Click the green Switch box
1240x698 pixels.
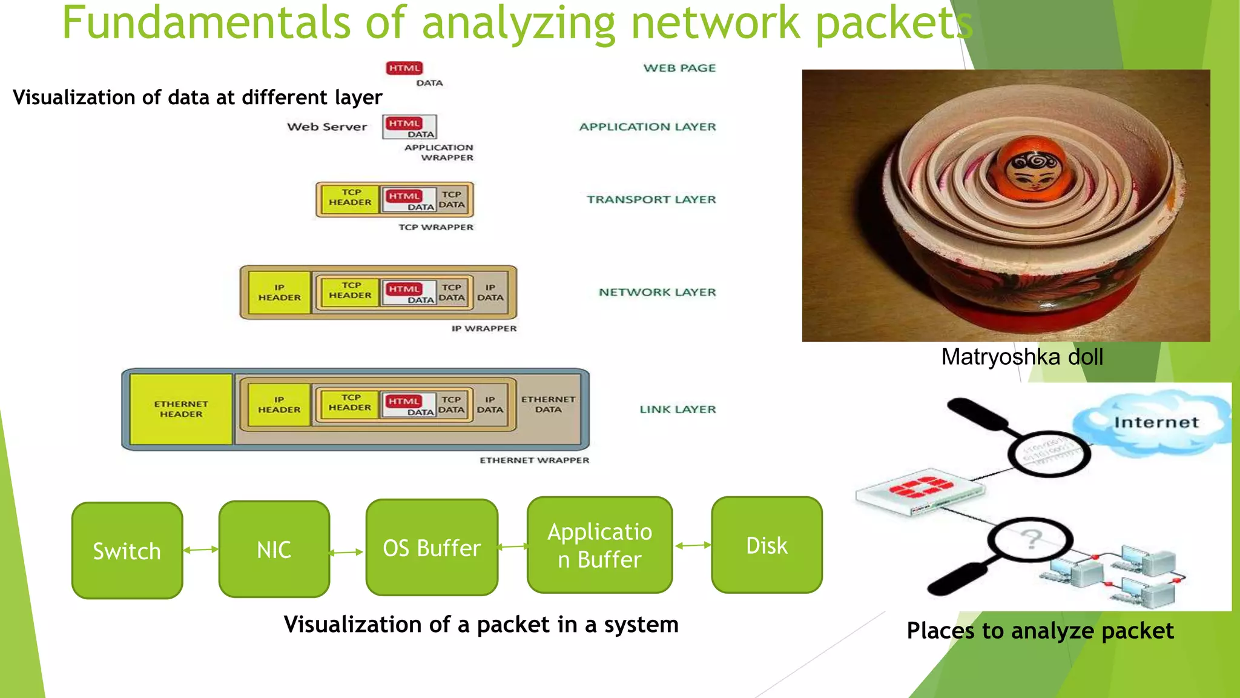click(x=127, y=550)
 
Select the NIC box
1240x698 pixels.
click(x=274, y=549)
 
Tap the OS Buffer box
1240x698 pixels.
click(x=432, y=547)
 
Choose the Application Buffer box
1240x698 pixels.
click(x=599, y=545)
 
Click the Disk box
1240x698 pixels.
click(x=767, y=545)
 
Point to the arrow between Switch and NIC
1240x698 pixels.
click(x=201, y=550)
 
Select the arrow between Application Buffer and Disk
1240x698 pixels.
click(x=693, y=545)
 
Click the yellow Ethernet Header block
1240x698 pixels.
click(x=181, y=409)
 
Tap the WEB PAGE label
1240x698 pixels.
click(x=679, y=68)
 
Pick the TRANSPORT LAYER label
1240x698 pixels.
click(x=651, y=199)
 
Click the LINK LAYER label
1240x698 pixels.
click(x=678, y=409)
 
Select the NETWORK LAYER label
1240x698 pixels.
click(x=657, y=292)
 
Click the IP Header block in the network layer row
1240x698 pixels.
click(x=279, y=293)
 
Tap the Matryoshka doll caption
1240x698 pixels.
click(x=1022, y=357)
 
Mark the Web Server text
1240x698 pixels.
click(x=327, y=127)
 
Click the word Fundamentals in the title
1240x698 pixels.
click(x=206, y=23)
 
